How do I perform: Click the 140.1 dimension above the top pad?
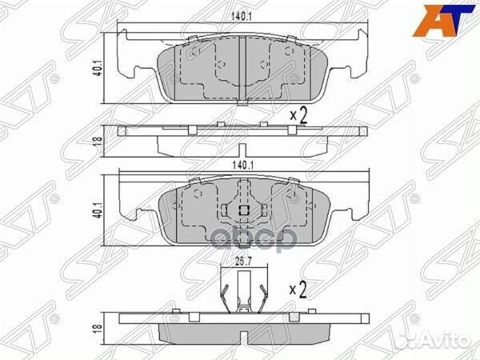pos(242,17)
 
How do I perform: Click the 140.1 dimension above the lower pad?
pos(242,166)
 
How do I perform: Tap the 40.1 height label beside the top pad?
pos(98,69)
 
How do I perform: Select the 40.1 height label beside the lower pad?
pos(98,210)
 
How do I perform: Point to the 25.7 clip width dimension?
pos(243,262)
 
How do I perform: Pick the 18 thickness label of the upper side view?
pos(98,142)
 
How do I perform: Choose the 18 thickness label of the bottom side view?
pos(98,327)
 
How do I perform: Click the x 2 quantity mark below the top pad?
pos(298,116)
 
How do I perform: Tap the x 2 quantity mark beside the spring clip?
pos(298,290)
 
